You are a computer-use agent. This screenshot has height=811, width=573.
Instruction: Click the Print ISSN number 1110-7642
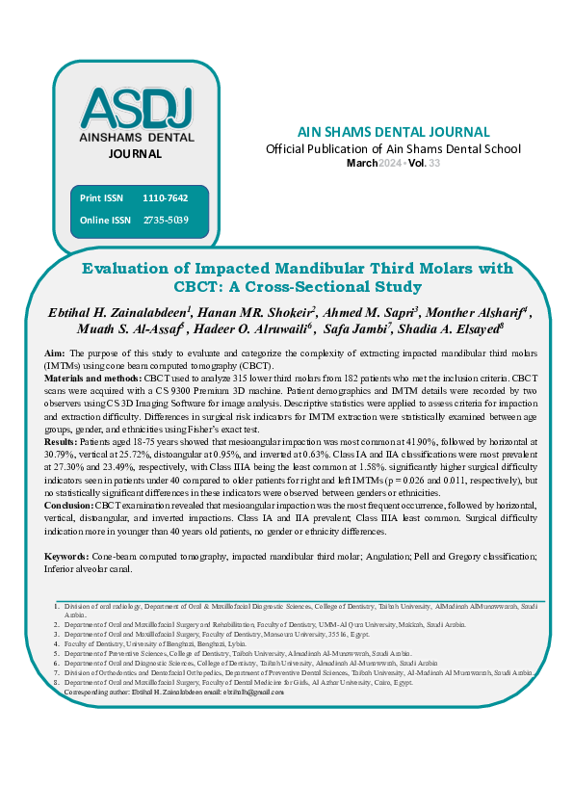point(165,198)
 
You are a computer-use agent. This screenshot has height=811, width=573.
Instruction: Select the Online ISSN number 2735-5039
point(165,221)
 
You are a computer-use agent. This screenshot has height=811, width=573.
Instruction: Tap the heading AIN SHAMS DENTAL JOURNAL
point(393,132)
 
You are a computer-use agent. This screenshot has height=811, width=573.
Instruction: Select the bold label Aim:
point(56,354)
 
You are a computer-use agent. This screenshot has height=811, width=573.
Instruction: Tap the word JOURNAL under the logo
point(135,154)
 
